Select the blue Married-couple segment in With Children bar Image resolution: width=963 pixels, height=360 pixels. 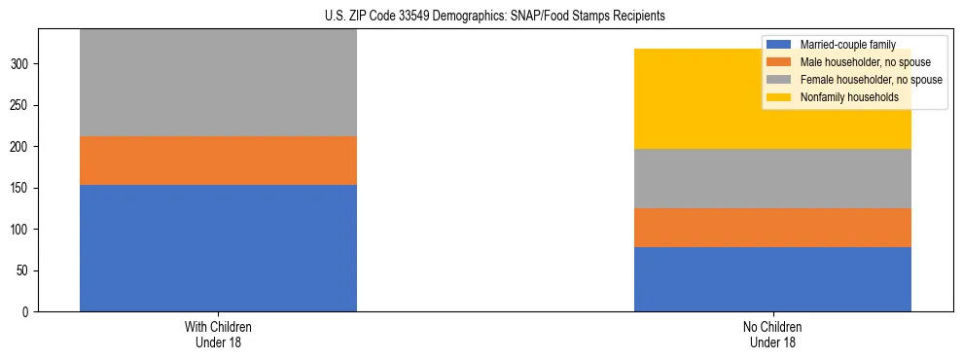click(x=218, y=248)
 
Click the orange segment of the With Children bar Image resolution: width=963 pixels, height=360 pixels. click(x=218, y=161)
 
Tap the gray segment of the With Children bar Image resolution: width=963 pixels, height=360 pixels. click(x=218, y=83)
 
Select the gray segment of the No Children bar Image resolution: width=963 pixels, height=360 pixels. click(x=772, y=178)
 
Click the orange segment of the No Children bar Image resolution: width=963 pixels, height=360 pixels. click(x=772, y=228)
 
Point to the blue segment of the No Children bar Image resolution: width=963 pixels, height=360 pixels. click(x=772, y=279)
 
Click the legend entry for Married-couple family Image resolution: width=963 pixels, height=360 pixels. click(x=847, y=45)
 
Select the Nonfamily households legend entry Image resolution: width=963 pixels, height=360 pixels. click(x=847, y=97)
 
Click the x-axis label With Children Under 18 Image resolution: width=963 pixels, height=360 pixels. click(x=218, y=335)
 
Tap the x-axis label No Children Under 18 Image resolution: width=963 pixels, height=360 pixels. click(x=772, y=335)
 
